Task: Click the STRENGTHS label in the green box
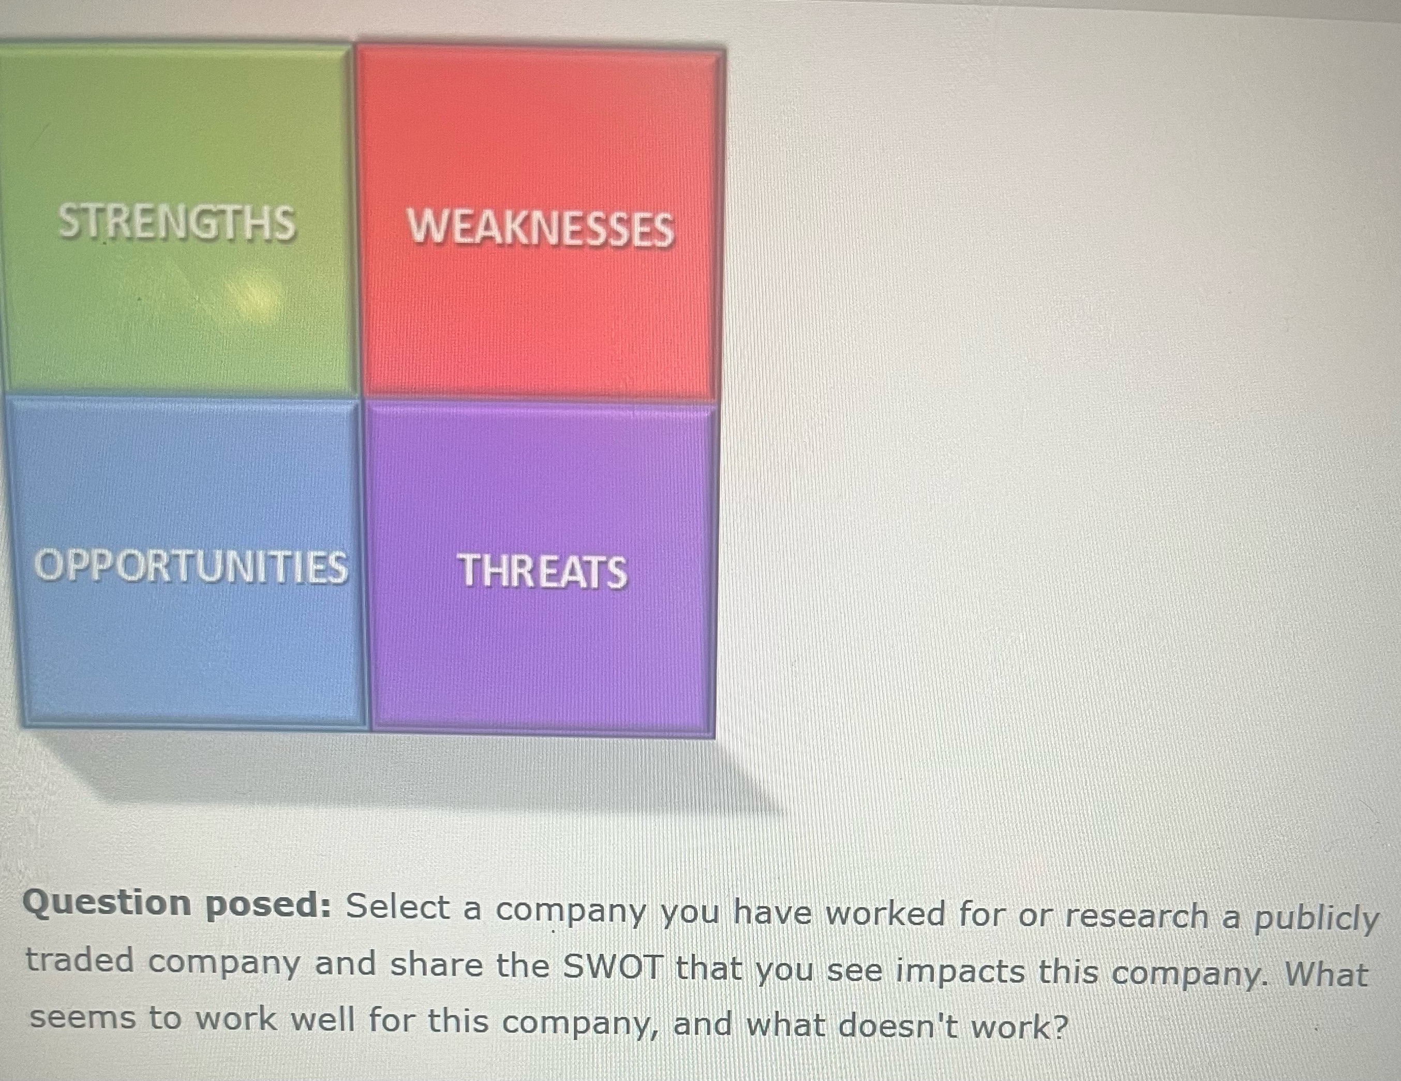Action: click(176, 223)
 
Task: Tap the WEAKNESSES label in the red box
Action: click(540, 229)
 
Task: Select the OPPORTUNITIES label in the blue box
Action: click(190, 567)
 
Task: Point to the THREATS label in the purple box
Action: click(542, 572)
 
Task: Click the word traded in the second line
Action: click(80, 961)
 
